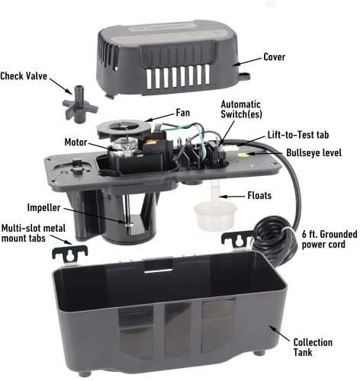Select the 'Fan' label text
[183, 112]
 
